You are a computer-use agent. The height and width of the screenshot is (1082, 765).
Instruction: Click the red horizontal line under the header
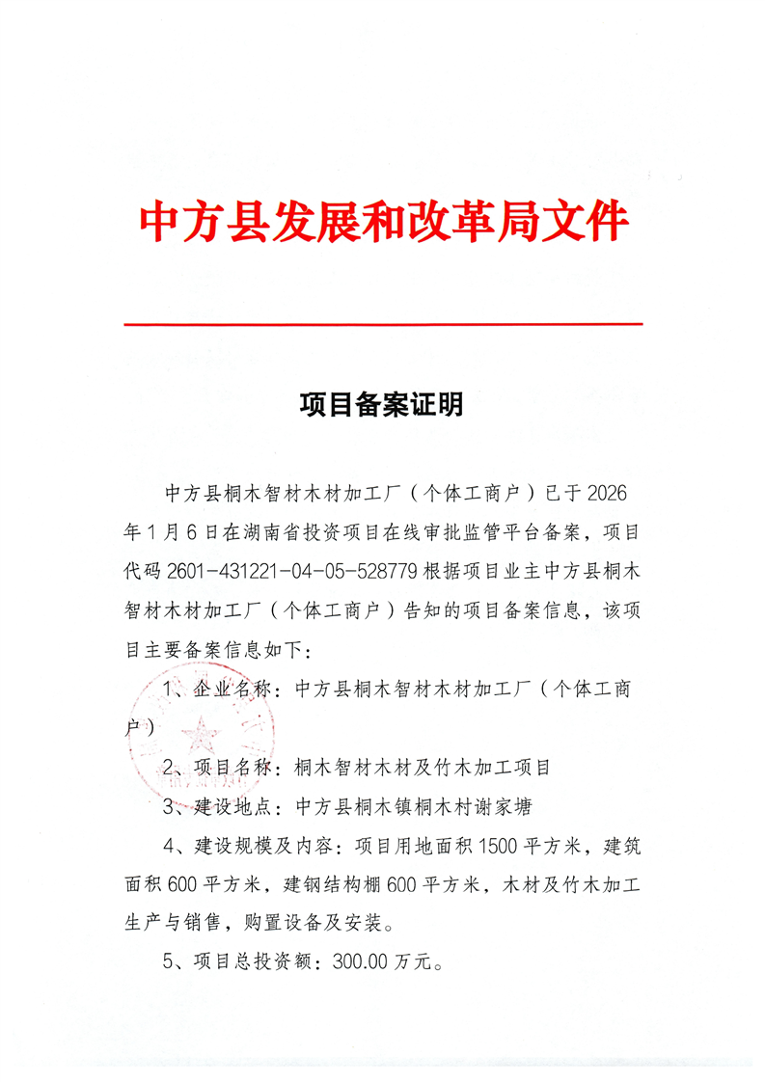click(383, 324)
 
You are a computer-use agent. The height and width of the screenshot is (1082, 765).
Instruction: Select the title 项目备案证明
click(381, 405)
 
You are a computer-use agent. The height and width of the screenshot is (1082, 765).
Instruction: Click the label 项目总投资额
click(256, 961)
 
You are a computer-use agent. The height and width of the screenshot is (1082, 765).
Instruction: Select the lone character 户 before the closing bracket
click(135, 728)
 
